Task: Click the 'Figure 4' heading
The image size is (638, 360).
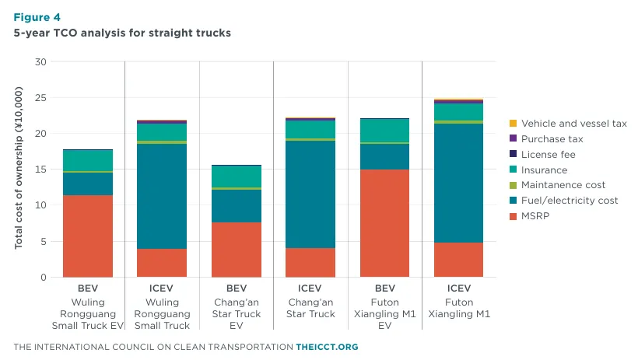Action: pos(37,17)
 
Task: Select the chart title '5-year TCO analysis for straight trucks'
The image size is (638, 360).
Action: pos(122,33)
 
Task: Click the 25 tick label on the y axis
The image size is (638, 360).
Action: pos(40,98)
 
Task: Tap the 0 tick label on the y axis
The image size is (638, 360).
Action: pos(44,278)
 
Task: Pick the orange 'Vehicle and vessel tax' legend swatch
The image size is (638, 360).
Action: pos(513,124)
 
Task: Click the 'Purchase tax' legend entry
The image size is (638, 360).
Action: pos(546,138)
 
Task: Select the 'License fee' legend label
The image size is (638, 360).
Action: pos(548,155)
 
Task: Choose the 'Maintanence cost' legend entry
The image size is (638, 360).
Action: pos(557,185)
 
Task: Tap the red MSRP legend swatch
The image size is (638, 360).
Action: pos(513,216)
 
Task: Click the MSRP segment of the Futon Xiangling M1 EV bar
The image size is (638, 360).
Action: pos(384,223)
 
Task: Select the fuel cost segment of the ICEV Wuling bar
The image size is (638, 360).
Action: pos(162,196)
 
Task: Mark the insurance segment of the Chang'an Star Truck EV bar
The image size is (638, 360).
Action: pos(237,177)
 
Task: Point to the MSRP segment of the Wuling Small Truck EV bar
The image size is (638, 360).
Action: pos(88,236)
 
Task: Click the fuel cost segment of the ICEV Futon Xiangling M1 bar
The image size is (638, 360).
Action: pos(458,183)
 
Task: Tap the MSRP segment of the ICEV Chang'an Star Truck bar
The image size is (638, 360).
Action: pos(310,262)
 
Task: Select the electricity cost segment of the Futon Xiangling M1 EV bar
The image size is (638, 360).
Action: pos(384,156)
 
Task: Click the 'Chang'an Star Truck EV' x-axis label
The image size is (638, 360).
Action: pos(237,313)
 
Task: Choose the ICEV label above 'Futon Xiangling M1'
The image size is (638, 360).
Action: pos(459,288)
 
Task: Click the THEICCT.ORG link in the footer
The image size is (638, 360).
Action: pos(327,347)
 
